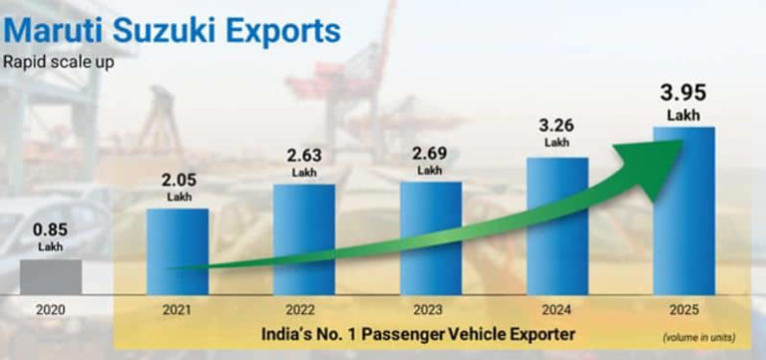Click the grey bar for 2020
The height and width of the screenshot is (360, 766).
coord(50,276)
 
